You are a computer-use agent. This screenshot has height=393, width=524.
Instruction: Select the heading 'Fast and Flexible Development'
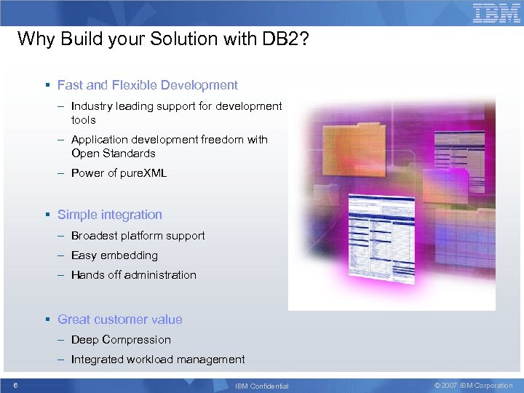point(147,85)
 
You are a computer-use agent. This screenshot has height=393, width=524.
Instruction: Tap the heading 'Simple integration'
point(109,215)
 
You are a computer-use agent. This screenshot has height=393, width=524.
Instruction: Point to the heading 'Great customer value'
point(119,319)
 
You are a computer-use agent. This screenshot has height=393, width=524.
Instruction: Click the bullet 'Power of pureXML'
point(119,173)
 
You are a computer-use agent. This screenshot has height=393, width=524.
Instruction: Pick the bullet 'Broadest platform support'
point(138,236)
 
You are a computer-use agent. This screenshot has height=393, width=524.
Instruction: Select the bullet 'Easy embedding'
point(114,255)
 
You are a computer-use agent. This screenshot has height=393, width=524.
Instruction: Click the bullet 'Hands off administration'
point(133,275)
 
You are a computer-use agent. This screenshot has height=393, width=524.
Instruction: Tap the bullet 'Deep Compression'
point(121,340)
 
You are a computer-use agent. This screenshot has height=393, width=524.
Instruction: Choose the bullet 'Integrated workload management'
point(158,360)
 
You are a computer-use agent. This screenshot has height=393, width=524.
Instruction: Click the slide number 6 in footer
point(15,385)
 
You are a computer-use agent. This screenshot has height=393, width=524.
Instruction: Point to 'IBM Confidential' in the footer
point(262,386)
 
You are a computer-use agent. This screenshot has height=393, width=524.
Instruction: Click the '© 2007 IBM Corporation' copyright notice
point(473,385)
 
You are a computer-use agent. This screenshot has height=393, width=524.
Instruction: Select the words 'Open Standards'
point(113,154)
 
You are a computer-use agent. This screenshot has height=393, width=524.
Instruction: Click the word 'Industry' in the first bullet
point(91,106)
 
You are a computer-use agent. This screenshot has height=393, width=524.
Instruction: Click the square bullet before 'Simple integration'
point(47,215)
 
